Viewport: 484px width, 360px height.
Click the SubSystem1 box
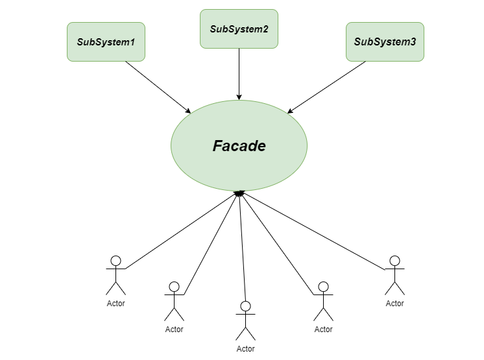click(x=106, y=42)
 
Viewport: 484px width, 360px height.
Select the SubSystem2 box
click(x=239, y=29)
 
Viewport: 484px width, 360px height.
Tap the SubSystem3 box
click(x=385, y=42)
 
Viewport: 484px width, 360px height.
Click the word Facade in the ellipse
click(x=239, y=146)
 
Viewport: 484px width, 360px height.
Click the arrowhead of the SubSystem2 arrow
click(x=239, y=97)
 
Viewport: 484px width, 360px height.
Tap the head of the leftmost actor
click(x=115, y=261)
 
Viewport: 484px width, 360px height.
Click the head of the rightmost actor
click(x=394, y=261)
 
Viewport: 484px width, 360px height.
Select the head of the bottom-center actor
click(x=245, y=306)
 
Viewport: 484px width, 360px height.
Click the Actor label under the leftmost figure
click(x=115, y=303)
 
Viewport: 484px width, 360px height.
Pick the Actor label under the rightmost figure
click(x=394, y=303)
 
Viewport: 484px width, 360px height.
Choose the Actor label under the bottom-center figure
click(x=245, y=349)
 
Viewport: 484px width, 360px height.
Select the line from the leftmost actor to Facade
click(x=182, y=230)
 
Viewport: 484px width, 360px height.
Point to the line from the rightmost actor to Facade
click(x=311, y=230)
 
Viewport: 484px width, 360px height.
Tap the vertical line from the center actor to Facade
click(x=243, y=253)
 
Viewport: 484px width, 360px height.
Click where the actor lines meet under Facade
click(x=239, y=193)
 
